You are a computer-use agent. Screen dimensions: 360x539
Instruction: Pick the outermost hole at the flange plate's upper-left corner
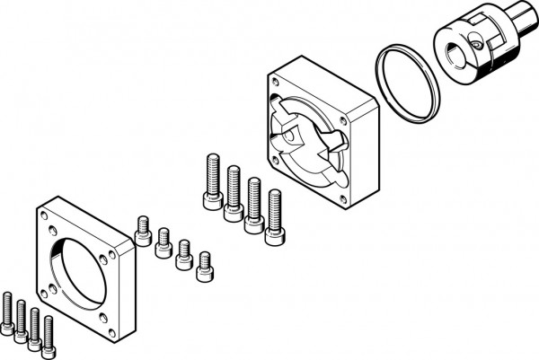(x=44, y=216)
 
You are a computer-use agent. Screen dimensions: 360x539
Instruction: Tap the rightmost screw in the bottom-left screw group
(x=48, y=332)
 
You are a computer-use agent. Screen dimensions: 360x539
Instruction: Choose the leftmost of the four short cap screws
(x=142, y=231)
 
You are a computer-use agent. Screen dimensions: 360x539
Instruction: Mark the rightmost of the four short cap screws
(x=205, y=265)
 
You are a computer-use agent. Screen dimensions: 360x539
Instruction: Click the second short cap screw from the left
(x=163, y=241)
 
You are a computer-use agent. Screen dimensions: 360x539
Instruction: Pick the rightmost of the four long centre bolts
(x=274, y=215)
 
